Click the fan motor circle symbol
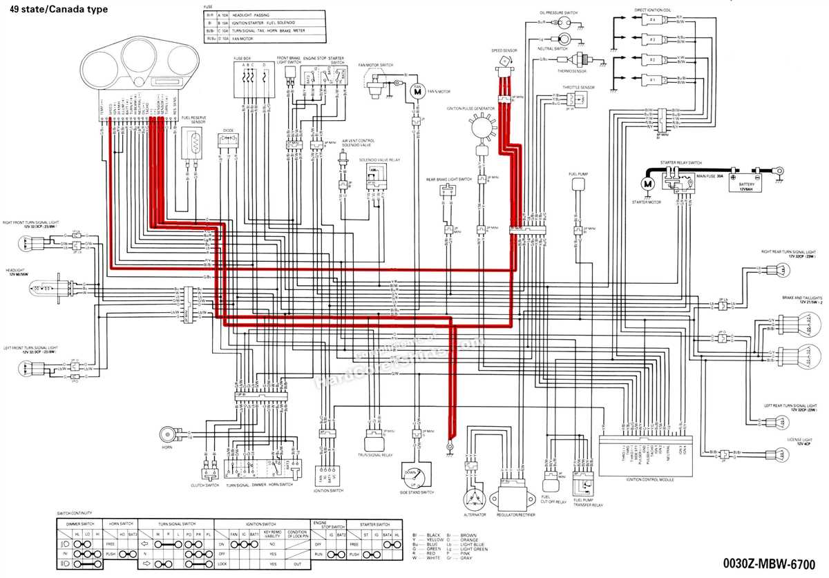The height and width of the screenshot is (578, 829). [417, 90]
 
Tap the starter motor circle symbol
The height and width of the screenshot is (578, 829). [647, 184]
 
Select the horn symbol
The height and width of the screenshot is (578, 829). [166, 434]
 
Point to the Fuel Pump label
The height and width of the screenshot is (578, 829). [578, 173]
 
